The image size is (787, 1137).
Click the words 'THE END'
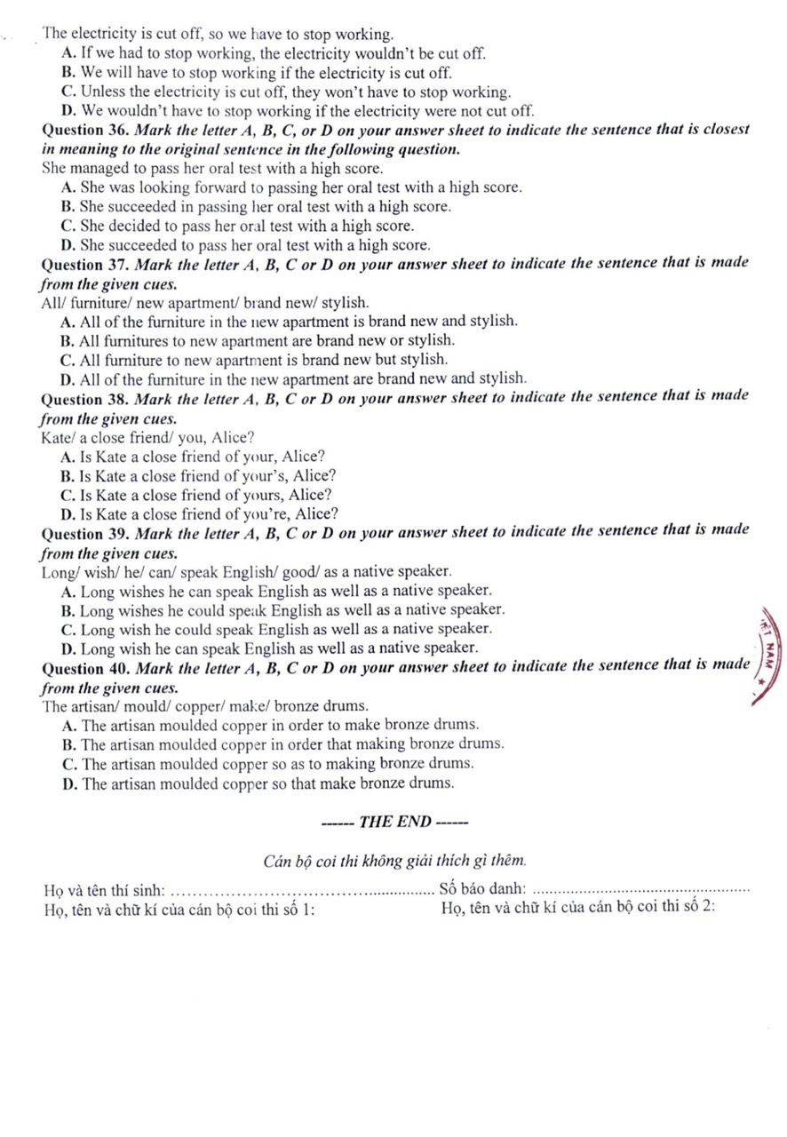[393, 822]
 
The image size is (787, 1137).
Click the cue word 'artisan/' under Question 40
[95, 706]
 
